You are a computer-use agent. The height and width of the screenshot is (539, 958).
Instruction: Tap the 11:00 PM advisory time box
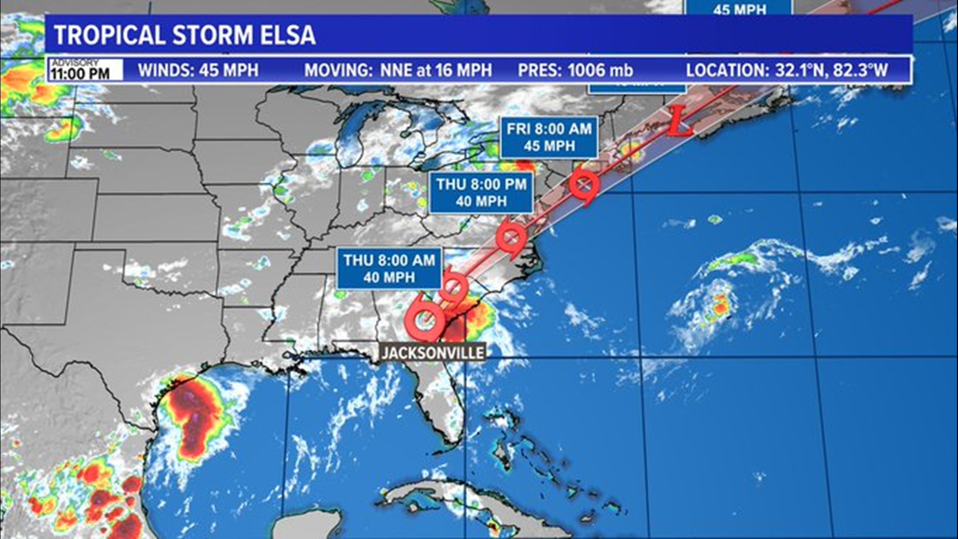click(85, 70)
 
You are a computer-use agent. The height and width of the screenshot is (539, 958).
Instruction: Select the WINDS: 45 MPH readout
click(198, 70)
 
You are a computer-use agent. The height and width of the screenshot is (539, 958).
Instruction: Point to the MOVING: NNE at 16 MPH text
click(398, 70)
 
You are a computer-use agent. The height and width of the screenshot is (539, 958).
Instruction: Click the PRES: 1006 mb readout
click(575, 70)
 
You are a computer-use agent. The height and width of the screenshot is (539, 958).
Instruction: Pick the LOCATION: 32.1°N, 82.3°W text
click(787, 70)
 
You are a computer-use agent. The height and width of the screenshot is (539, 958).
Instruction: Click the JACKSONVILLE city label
click(432, 353)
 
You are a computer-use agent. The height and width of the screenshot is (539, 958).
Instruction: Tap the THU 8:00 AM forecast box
click(389, 269)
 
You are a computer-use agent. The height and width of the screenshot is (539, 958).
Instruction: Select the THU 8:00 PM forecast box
click(481, 193)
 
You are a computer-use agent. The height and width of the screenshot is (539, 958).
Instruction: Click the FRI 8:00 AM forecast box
click(549, 137)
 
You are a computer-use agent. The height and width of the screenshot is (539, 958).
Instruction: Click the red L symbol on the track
click(680, 121)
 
